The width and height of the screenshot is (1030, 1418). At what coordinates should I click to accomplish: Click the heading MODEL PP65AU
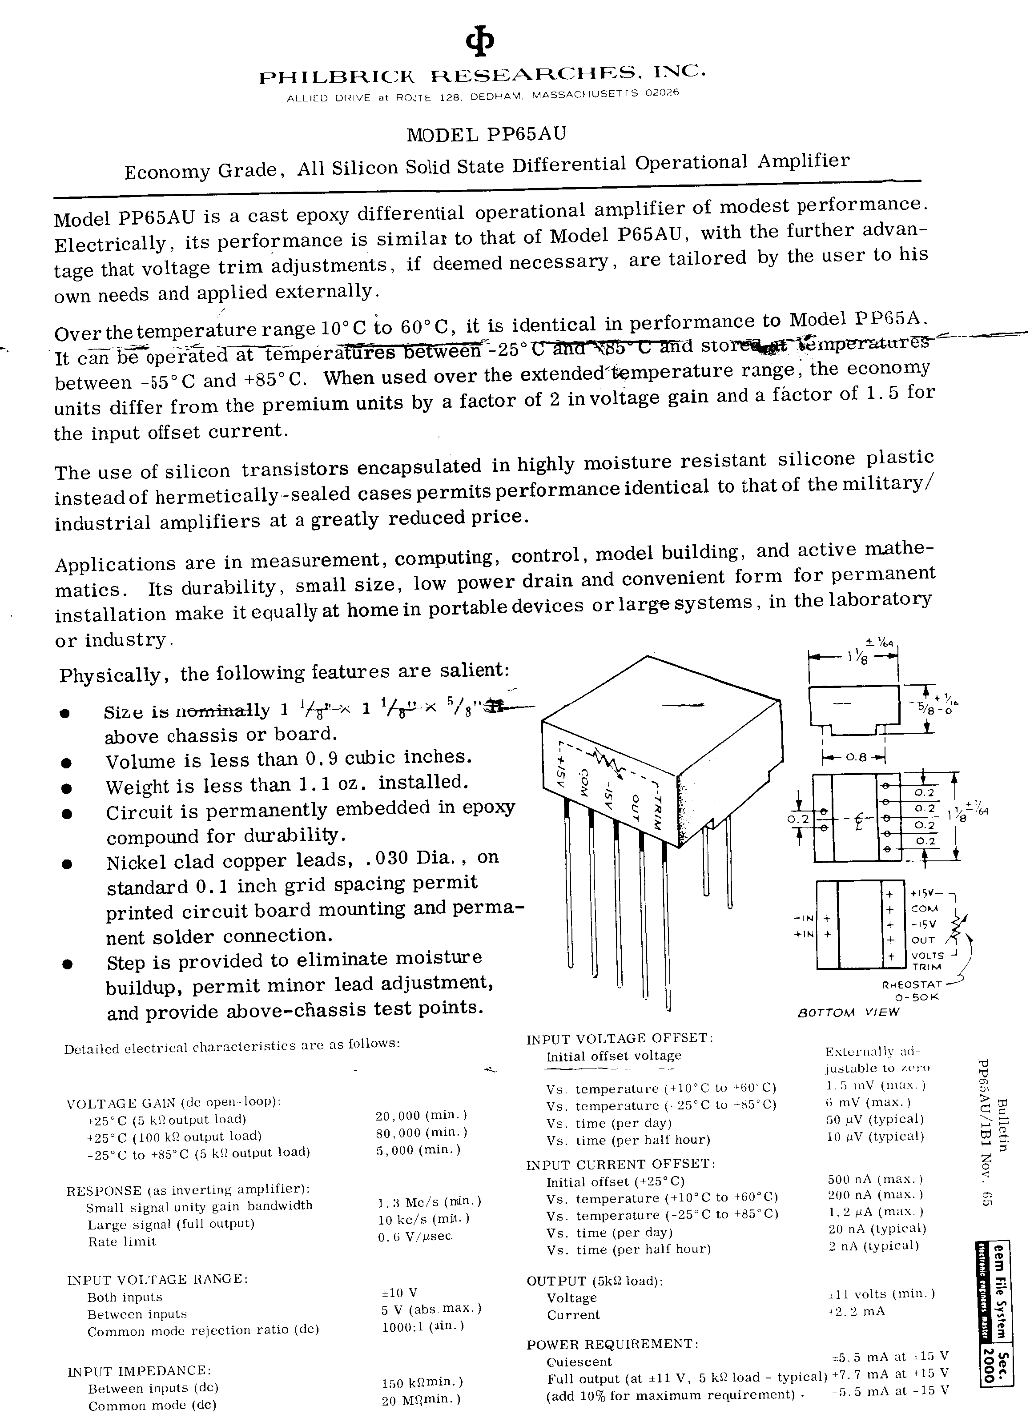[486, 134]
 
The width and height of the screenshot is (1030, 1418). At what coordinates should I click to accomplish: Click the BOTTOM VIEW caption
[849, 1012]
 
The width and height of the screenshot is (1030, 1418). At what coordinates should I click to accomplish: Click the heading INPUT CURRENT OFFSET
[620, 1164]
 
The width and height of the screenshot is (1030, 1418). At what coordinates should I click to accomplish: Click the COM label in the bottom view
[924, 908]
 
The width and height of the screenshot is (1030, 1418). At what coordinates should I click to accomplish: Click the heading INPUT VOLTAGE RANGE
[157, 1279]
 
